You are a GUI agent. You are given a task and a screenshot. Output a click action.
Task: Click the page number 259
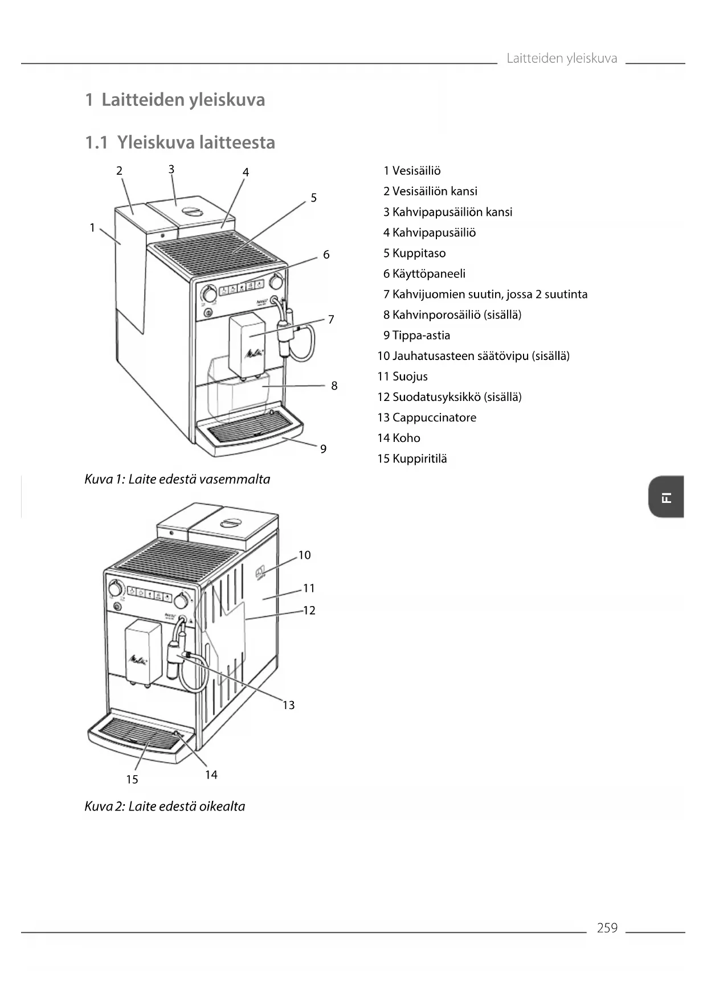607,928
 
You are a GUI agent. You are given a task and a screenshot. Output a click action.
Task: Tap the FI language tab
666,497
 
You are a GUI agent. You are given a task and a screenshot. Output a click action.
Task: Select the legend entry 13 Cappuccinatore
427,417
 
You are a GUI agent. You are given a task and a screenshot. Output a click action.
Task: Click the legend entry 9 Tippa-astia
416,335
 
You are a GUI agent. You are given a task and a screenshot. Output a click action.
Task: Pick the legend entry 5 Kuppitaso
414,253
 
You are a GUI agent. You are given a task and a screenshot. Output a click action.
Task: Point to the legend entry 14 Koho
399,438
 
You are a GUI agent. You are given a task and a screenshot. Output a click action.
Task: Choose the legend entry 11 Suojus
402,376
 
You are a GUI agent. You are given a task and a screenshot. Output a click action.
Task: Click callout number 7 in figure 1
331,319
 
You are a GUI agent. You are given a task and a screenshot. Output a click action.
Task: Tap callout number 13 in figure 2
289,705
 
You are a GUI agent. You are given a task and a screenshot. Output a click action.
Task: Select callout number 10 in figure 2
305,555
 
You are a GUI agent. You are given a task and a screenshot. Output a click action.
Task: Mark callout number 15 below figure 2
132,779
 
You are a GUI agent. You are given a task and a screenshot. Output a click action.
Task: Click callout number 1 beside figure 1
92,228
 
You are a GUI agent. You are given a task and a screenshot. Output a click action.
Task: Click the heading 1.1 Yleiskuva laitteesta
180,142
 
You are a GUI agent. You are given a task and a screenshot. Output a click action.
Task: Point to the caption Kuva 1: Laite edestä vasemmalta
177,479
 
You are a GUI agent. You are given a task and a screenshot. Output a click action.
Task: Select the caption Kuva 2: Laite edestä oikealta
165,806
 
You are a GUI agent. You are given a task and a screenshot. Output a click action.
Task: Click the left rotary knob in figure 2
116,588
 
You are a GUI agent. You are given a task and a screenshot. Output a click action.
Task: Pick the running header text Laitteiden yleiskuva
562,58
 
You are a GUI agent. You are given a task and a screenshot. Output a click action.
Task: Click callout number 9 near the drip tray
323,449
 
